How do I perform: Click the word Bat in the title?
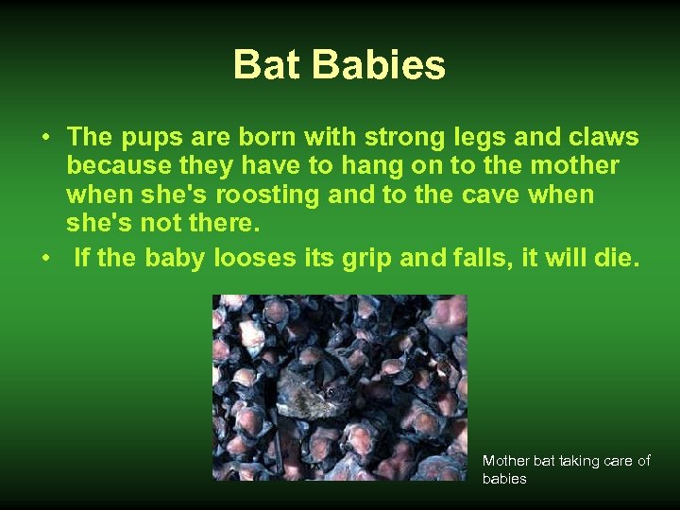(267, 65)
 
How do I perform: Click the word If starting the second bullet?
(82, 258)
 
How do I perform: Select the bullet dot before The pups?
(46, 139)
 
